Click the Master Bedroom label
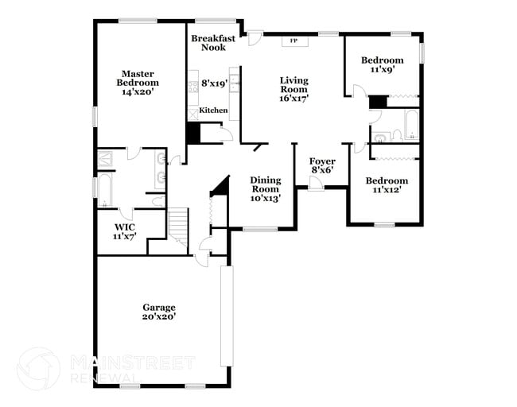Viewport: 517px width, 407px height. click(x=138, y=77)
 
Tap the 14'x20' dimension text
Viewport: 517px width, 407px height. click(x=138, y=92)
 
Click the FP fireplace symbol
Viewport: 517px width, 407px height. click(x=293, y=41)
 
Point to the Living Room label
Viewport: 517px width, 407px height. click(x=293, y=84)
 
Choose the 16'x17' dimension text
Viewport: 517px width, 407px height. click(x=293, y=99)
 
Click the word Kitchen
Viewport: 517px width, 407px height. click(x=213, y=110)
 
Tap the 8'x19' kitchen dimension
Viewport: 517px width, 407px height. click(x=215, y=83)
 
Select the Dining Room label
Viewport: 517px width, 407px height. click(x=265, y=184)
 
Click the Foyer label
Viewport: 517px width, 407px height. click(x=322, y=161)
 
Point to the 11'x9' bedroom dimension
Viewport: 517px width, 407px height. click(x=382, y=70)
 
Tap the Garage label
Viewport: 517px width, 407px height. click(x=159, y=307)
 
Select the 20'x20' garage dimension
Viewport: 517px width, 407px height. click(x=159, y=316)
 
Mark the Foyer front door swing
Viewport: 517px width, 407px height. click(x=316, y=184)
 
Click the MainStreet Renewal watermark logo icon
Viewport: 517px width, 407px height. click(x=38, y=368)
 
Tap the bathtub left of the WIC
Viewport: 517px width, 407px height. click(x=104, y=191)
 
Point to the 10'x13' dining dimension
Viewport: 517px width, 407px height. click(x=265, y=199)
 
